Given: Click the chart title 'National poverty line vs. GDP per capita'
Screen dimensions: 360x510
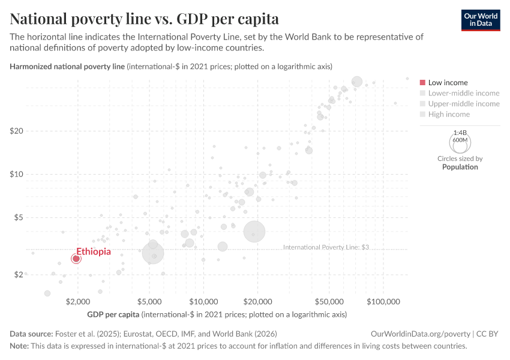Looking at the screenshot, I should coord(144,17).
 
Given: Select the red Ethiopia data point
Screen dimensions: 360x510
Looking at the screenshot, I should coord(76,259).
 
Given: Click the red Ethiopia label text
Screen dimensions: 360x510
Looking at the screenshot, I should coord(94,251).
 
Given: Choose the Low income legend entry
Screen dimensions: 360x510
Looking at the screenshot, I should coord(444,83).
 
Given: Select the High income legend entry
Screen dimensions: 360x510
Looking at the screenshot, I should coord(449,114).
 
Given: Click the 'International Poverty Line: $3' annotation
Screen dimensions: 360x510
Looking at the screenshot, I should coord(325,247).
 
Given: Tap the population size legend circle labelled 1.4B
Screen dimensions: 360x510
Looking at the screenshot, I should coord(460,142).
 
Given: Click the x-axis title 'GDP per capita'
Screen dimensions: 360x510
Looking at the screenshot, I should coord(113,314).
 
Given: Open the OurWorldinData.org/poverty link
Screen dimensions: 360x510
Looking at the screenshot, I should coord(421,334).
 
